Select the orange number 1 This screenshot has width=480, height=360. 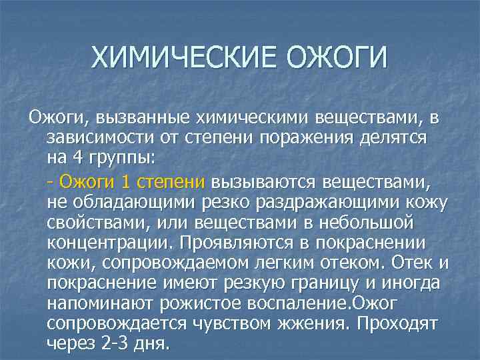pyautogui.click(x=126, y=181)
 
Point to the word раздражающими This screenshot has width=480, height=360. pyautogui.click(x=347, y=201)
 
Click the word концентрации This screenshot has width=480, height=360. pyautogui.click(x=107, y=243)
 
